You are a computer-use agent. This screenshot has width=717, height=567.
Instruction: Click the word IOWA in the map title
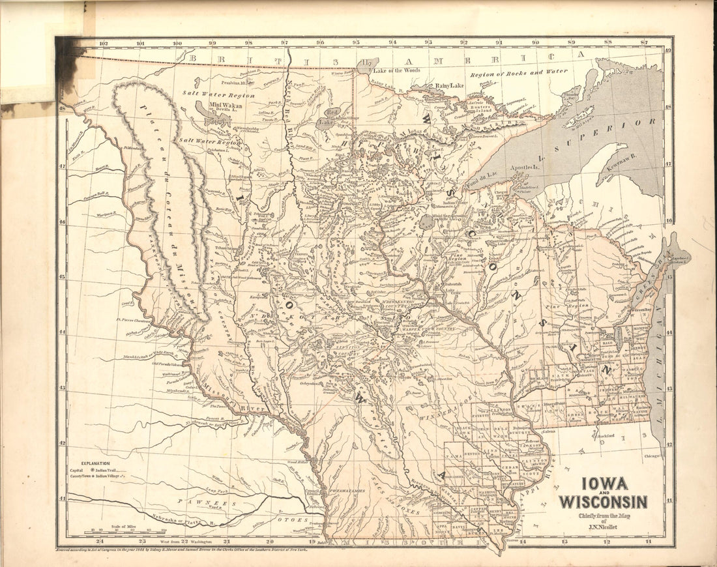point(604,484)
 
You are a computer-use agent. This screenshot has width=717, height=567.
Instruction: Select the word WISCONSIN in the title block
point(603,502)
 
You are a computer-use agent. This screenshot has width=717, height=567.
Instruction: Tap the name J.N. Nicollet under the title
point(604,527)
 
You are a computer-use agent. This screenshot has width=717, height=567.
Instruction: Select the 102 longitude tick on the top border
point(102,44)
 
